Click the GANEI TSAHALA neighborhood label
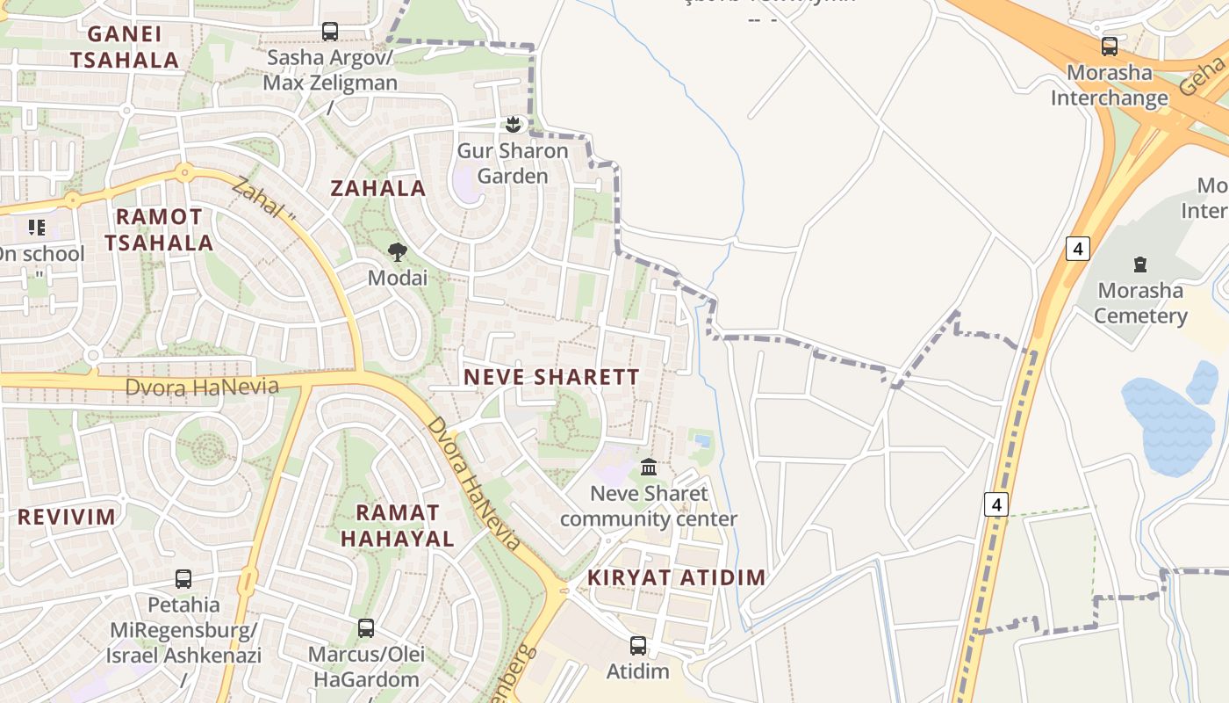click(x=125, y=47)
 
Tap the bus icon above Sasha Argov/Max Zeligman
click(x=330, y=32)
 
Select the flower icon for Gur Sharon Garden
click(x=514, y=125)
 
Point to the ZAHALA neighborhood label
click(x=378, y=188)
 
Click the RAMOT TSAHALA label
click(x=160, y=229)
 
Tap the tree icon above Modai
click(x=398, y=252)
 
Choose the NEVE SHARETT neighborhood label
click(x=551, y=377)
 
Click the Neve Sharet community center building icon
click(x=649, y=467)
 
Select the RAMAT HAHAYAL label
click(x=398, y=525)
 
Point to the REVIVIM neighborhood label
click(x=67, y=517)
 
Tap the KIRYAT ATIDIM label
click(x=676, y=577)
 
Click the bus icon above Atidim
click(x=638, y=646)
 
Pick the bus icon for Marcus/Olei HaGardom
click(x=366, y=628)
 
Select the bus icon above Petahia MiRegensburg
click(x=183, y=579)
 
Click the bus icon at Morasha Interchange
click(x=1110, y=47)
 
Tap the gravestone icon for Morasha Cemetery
click(x=1140, y=264)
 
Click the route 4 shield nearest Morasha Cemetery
click(x=1077, y=249)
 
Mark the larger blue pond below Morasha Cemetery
click(x=1168, y=425)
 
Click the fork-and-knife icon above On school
click(x=37, y=228)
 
